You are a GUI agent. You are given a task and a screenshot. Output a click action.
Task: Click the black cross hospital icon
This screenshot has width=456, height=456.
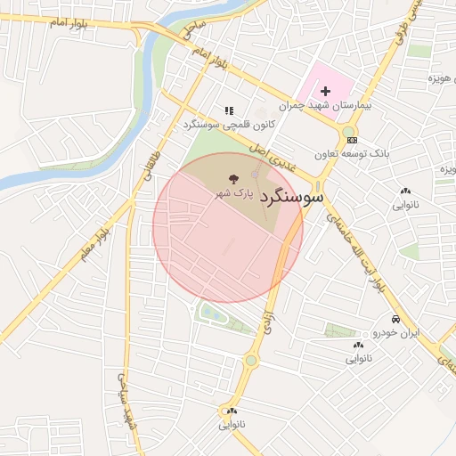pyautogui.click(x=325, y=91)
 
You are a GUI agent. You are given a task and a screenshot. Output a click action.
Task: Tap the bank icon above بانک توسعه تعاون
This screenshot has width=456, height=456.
pyautogui.click(x=351, y=139)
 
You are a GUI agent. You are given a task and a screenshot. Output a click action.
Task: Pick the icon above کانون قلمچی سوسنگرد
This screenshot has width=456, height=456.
pyautogui.click(x=229, y=111)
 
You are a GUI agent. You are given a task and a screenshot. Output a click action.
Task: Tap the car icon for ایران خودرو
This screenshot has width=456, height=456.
pyautogui.click(x=394, y=319)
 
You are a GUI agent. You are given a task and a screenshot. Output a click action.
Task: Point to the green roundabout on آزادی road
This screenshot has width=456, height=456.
pyautogui.click(x=251, y=360)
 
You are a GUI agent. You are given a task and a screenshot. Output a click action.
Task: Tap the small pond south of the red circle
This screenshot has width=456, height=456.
pyautogui.click(x=213, y=313)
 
